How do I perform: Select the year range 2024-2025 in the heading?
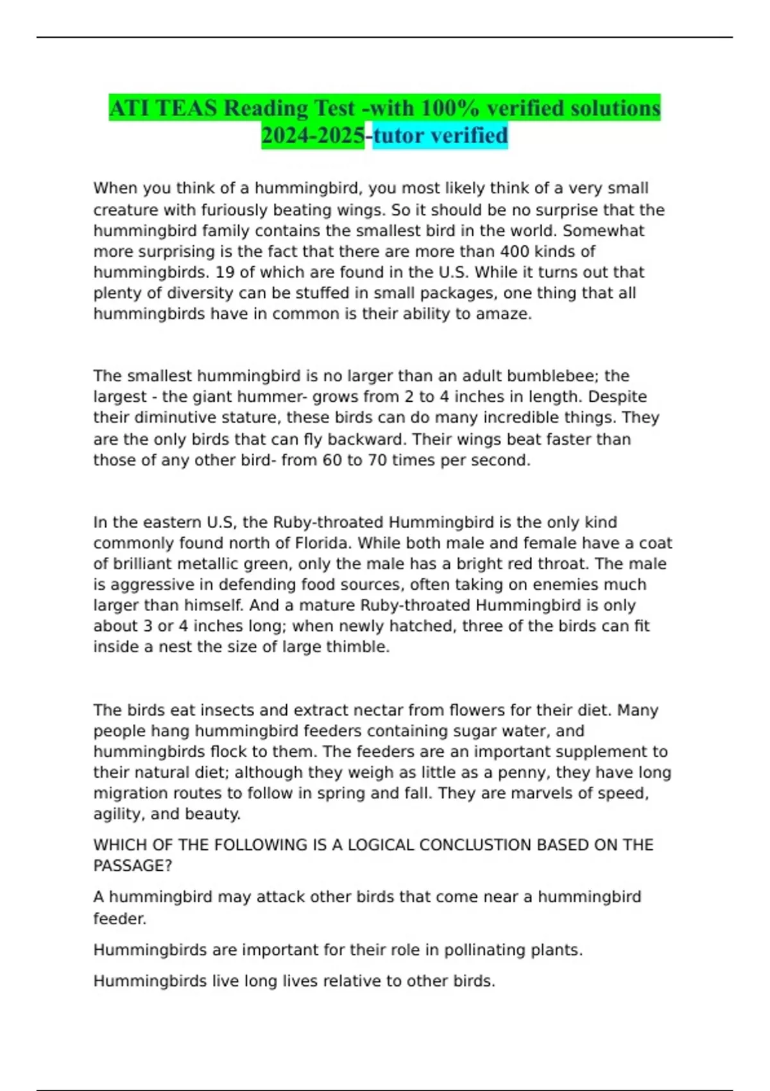click(313, 135)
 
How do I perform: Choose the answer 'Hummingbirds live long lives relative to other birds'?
click(294, 981)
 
